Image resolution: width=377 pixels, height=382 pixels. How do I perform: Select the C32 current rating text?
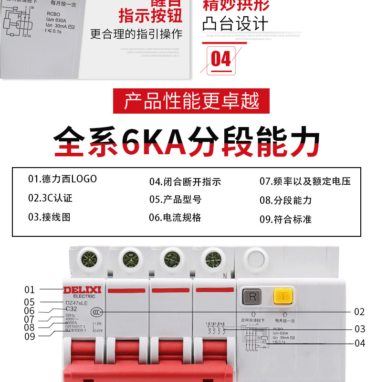[x=71, y=309]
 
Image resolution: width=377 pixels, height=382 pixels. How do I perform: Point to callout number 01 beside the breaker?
[x=30, y=289]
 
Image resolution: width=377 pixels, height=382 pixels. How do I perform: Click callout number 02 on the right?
[x=359, y=312]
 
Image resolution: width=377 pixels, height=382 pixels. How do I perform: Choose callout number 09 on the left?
[x=30, y=336]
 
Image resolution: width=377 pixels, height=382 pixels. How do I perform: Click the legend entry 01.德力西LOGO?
[x=62, y=179]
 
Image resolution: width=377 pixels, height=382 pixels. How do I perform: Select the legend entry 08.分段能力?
[x=285, y=200]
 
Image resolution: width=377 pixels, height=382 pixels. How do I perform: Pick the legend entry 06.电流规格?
[x=175, y=218]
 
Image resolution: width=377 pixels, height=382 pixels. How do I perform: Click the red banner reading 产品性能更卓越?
[x=191, y=101]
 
